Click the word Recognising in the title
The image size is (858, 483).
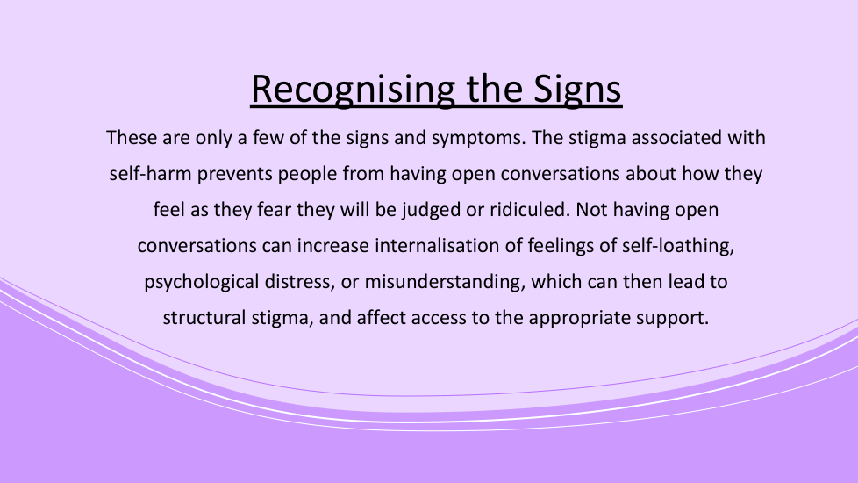pos(353,90)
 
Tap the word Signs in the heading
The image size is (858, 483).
pos(577,90)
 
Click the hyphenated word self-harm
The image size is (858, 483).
pos(151,174)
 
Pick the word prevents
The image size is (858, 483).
pos(235,174)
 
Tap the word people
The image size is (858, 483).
pos(308,174)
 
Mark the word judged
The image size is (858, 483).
pos(431,210)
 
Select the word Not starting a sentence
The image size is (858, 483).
pos(591,209)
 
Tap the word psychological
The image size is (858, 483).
pos(202,283)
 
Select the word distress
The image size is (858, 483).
pos(300,282)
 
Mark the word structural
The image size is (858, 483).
pos(204,318)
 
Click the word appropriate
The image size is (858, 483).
pos(580,319)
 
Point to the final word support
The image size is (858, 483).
pos(673,319)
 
